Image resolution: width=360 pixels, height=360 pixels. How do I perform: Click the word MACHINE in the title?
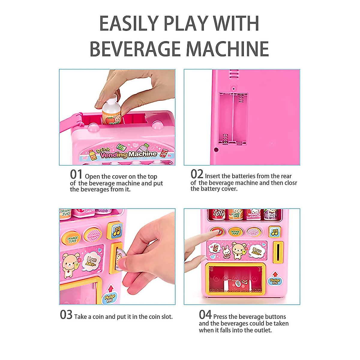pyautogui.click(x=227, y=49)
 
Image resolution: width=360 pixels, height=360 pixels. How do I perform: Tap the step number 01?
pyautogui.click(x=76, y=174)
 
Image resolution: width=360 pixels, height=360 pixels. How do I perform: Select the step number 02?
pyautogui.click(x=197, y=174)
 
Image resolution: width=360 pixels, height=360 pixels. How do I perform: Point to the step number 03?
pyautogui.click(x=66, y=315)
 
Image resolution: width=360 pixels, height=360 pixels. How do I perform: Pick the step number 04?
pyautogui.click(x=205, y=314)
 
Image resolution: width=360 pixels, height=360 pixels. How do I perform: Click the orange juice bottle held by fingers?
pyautogui.click(x=112, y=113)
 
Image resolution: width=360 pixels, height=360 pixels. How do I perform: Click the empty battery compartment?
pyautogui.click(x=233, y=118)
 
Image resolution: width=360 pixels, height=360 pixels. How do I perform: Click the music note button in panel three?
pyautogui.click(x=116, y=230)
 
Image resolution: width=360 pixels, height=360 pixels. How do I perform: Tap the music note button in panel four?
pyautogui.click(x=274, y=232)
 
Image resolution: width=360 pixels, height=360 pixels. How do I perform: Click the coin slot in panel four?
pyautogui.click(x=278, y=252)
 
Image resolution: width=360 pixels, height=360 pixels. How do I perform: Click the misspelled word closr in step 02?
pyautogui.click(x=290, y=183)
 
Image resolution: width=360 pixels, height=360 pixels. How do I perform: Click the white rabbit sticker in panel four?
pyautogui.click(x=226, y=251)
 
